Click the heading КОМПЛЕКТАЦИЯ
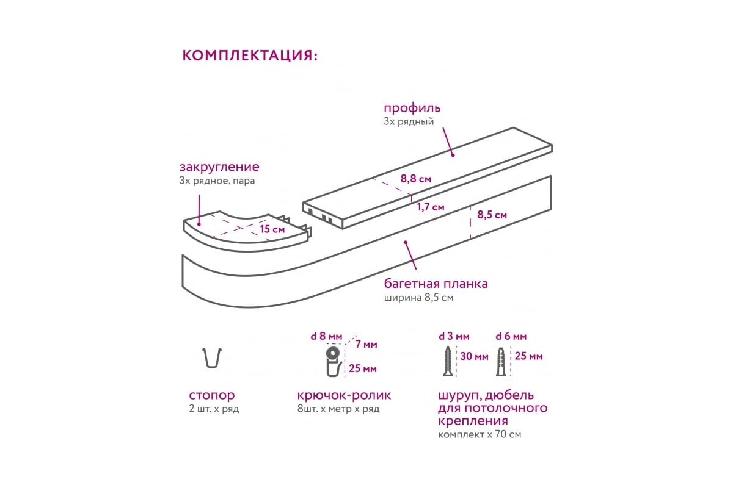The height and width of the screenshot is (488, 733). [250, 56]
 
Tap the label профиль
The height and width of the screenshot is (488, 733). [412, 109]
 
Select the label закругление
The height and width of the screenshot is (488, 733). [219, 167]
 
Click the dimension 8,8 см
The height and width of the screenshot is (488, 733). [416, 179]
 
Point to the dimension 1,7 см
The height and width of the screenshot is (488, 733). [430, 207]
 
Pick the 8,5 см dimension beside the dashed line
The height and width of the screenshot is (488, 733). [492, 215]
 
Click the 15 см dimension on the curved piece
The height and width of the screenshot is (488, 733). [272, 229]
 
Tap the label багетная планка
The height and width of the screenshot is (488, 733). [436, 284]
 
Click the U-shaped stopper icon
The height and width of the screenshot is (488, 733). [212, 358]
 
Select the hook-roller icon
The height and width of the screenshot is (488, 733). [334, 362]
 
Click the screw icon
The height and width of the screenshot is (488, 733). [448, 362]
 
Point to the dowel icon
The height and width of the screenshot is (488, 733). [501, 362]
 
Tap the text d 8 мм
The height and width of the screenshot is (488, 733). [326, 336]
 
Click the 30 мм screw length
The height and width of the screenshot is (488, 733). [474, 356]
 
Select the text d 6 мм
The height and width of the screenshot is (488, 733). [511, 336]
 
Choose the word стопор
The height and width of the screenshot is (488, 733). [212, 396]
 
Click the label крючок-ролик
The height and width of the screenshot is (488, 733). [344, 396]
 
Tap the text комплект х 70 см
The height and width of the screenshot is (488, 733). [480, 435]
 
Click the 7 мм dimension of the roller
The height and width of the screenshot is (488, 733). [366, 344]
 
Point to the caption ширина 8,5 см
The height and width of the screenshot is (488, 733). [418, 298]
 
